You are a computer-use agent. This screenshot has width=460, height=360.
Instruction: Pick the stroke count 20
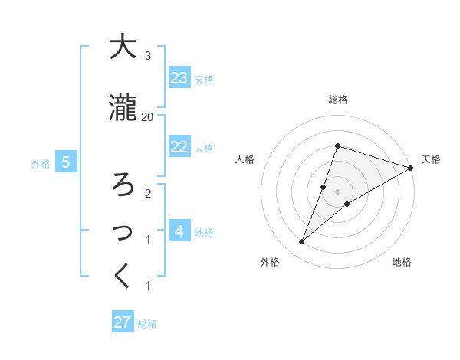click(147, 116)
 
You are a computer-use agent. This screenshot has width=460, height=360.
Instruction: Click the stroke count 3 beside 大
click(147, 56)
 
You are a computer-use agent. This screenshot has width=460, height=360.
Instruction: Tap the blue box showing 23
click(179, 78)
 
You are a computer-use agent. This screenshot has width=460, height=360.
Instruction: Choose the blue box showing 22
click(179, 147)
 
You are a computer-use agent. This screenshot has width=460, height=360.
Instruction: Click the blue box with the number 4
click(179, 231)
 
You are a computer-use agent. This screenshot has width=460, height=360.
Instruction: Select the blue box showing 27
click(123, 322)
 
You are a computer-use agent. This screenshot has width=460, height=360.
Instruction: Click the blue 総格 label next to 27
click(147, 324)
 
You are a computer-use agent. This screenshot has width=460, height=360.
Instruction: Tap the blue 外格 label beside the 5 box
click(40, 163)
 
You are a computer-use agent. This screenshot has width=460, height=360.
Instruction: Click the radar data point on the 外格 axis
click(301, 242)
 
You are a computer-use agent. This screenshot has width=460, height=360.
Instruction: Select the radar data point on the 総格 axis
click(337, 146)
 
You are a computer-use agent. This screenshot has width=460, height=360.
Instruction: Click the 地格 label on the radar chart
click(402, 262)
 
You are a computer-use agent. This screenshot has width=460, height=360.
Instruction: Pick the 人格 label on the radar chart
click(245, 159)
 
